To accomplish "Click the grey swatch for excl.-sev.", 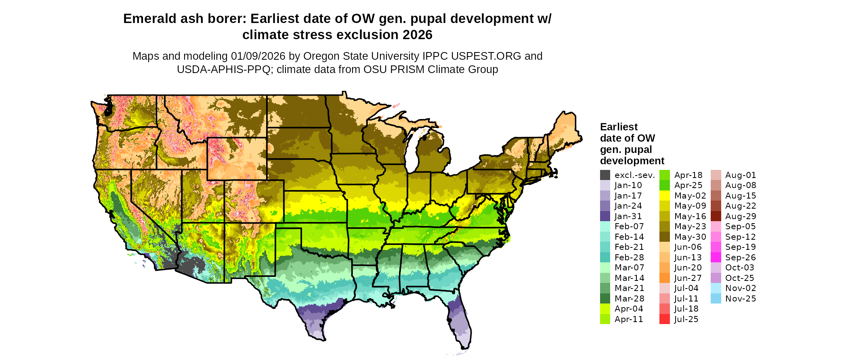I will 605,175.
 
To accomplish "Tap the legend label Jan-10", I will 628,185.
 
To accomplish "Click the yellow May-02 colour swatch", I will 664,196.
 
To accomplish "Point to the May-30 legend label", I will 690,237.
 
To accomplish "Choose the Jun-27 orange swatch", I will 664,278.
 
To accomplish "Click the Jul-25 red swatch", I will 664,319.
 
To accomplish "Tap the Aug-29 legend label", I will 741,216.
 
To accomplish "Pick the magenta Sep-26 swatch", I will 716,257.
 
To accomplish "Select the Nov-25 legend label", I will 741,299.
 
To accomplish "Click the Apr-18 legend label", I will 688,175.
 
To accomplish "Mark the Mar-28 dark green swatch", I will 605,299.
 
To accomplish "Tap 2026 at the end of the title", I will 416,35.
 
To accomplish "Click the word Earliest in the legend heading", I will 619,127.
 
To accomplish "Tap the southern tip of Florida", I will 463,346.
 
